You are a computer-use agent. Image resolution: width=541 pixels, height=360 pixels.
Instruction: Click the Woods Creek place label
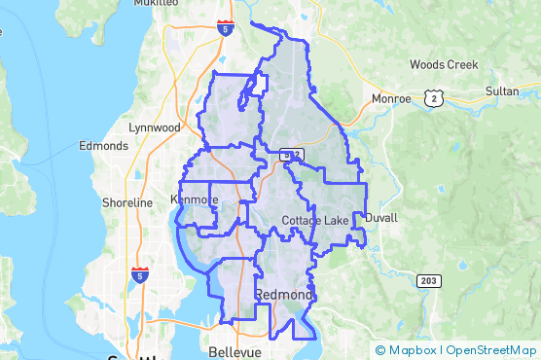click(x=444, y=65)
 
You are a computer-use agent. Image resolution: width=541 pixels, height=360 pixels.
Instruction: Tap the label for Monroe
click(x=389, y=98)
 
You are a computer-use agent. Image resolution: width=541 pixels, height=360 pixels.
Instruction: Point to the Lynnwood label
click(x=155, y=127)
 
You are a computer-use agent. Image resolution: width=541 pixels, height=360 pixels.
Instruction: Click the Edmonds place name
click(x=102, y=146)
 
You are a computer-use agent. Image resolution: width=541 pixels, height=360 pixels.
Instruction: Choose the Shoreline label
click(x=127, y=203)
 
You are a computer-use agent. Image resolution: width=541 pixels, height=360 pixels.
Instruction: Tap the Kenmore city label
click(x=196, y=199)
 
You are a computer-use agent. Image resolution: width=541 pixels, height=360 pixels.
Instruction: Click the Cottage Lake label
click(x=315, y=222)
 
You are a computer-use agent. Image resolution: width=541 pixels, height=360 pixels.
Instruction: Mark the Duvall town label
click(x=380, y=218)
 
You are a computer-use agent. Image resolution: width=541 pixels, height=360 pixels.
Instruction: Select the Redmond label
click(x=285, y=294)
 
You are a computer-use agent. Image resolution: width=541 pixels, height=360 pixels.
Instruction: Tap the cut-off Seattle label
click(x=130, y=356)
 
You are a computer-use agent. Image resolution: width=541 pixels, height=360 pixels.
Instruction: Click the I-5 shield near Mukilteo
click(x=225, y=29)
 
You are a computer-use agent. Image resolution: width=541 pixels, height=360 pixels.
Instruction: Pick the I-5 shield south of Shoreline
click(x=140, y=276)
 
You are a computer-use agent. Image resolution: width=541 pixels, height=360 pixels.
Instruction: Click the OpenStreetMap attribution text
click(x=491, y=350)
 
